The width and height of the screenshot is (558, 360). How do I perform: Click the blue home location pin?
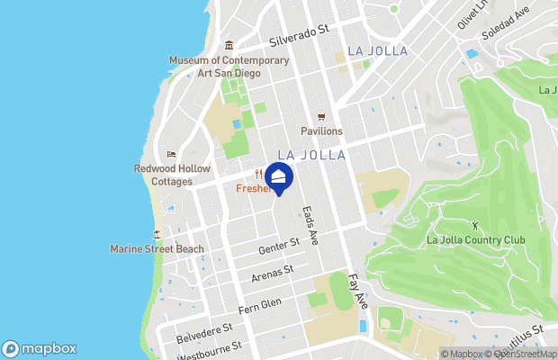tap(279, 176)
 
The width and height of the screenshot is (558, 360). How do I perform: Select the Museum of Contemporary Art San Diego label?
tap(229, 67)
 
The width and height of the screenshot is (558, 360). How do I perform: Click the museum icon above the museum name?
tap(229, 46)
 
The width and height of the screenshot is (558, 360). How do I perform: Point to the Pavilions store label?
tap(321, 131)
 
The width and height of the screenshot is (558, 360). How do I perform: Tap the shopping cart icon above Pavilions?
tap(321, 117)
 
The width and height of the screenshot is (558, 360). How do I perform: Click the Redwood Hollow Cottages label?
tap(172, 175)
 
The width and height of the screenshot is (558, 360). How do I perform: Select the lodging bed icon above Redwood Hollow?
tap(172, 154)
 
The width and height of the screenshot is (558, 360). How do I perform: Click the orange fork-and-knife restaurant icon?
tap(259, 175)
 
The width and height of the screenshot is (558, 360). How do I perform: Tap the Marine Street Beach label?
tap(157, 248)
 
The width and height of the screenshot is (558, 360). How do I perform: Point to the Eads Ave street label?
tap(311, 221)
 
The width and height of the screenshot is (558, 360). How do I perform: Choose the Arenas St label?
tap(273, 270)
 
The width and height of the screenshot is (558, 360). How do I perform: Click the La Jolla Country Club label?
tap(475, 239)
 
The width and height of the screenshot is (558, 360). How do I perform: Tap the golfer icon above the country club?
tap(475, 224)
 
